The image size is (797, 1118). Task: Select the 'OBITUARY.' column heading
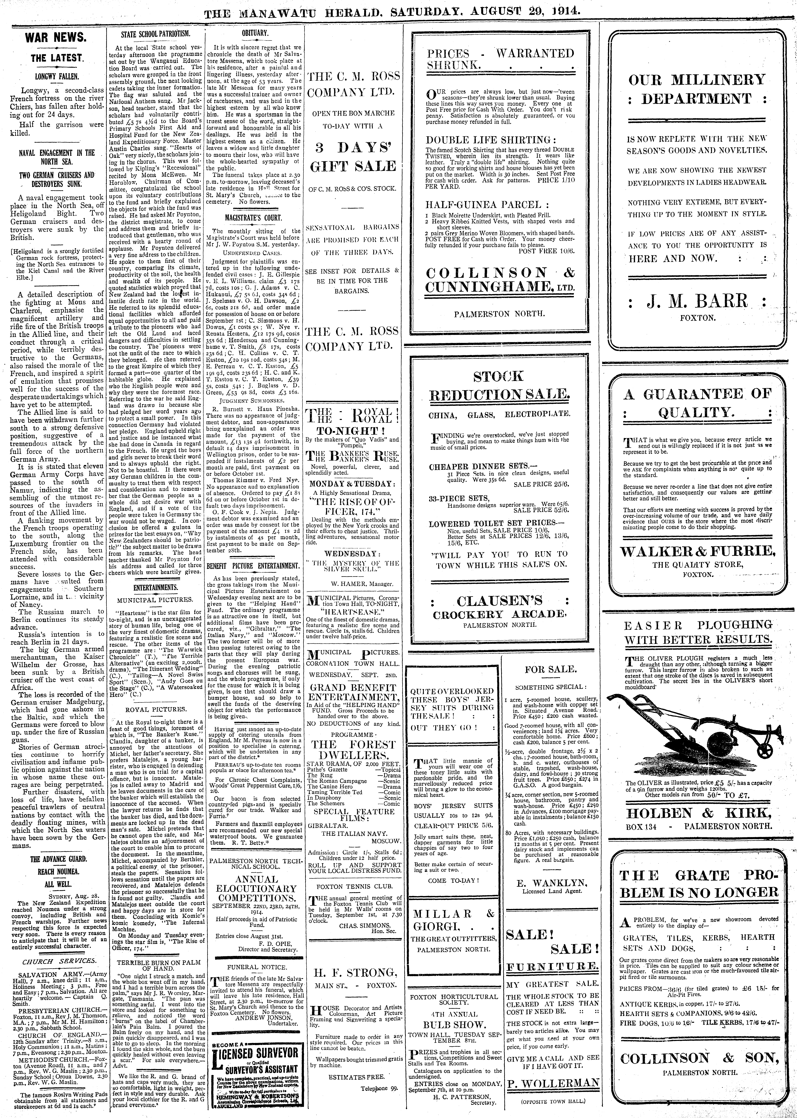click(255, 33)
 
